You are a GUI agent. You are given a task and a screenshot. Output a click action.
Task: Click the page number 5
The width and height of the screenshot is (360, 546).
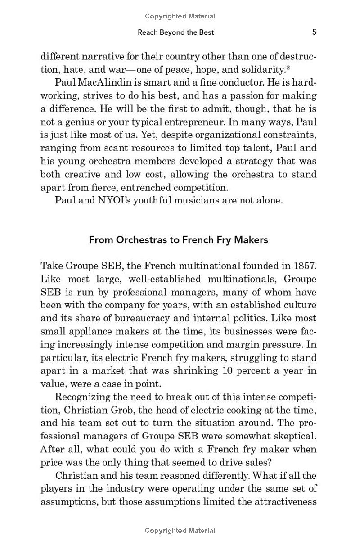[x=315, y=32]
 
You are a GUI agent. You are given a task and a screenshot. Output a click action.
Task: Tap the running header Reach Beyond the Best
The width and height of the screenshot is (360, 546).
[x=176, y=32]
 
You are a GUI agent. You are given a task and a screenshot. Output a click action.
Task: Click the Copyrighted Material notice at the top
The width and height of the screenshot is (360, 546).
[x=180, y=16]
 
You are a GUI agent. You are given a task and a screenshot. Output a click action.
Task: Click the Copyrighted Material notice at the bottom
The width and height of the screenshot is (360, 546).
[x=180, y=531]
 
